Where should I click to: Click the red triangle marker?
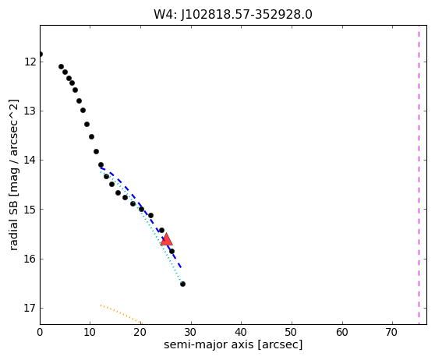[167, 240]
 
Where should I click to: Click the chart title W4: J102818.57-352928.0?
[233, 15]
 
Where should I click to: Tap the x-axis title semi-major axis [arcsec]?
[233, 344]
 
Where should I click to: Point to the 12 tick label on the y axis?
[30, 62]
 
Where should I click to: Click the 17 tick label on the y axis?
[30, 308]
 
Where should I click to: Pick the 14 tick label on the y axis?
[30, 160]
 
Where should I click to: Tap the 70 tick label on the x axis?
[392, 332]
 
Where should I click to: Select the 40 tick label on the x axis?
[241, 332]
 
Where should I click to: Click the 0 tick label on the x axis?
[40, 332]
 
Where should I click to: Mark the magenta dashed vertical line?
[419, 175]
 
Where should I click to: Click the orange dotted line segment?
[122, 315]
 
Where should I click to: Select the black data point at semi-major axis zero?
[41, 54]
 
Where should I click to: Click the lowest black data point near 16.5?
[182, 284]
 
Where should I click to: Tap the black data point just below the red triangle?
[172, 251]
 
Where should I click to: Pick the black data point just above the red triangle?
[161, 230]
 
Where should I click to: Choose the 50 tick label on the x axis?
[292, 332]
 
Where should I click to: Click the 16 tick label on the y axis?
[30, 259]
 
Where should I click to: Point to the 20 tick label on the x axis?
[140, 332]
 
